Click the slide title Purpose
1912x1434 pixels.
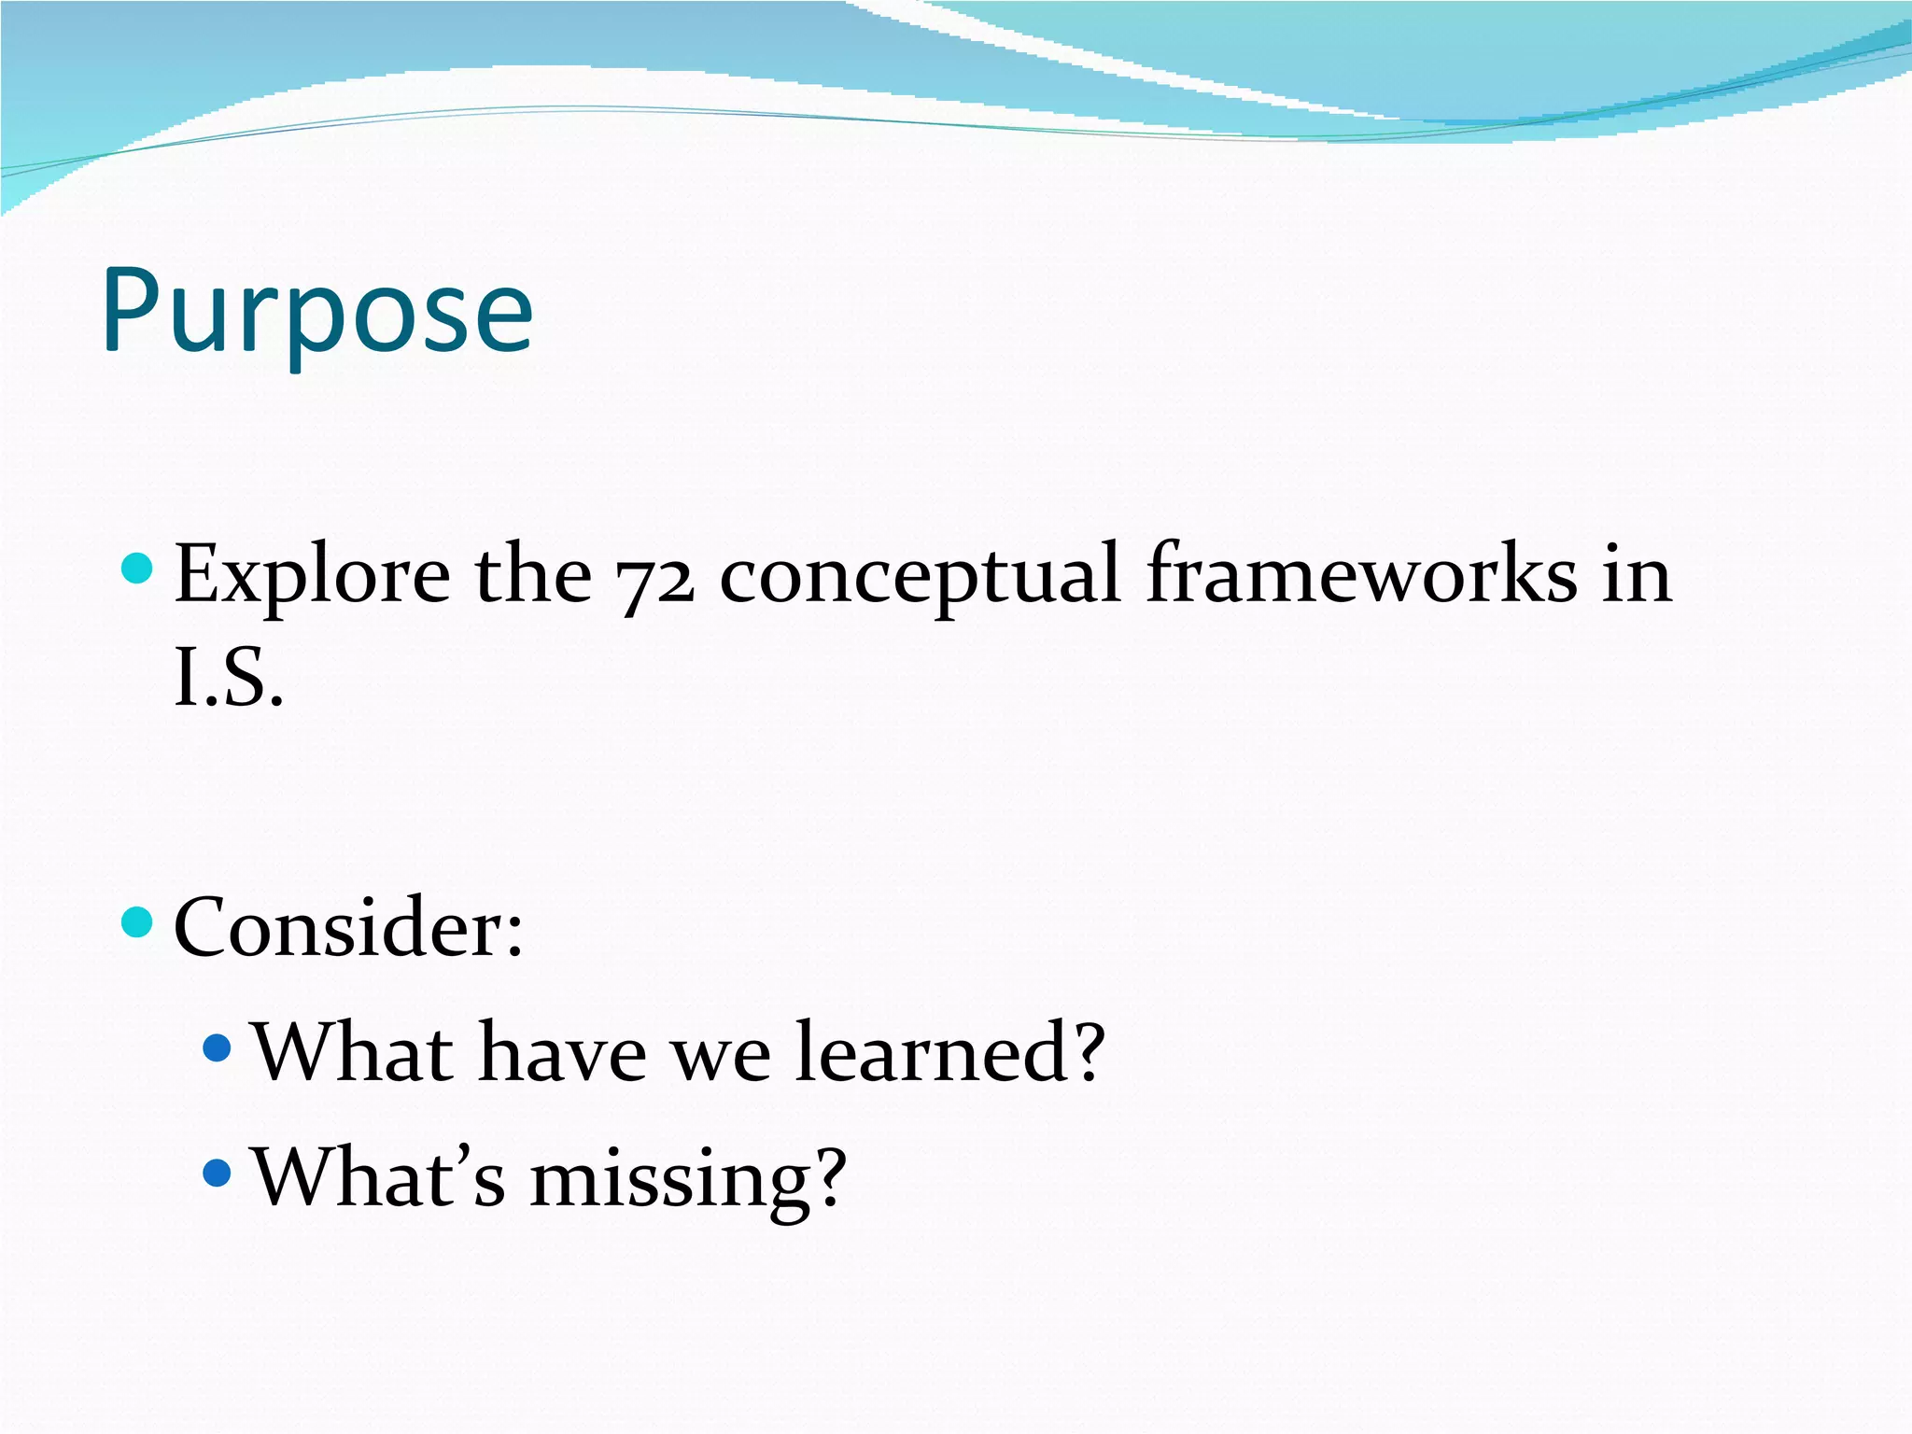317,311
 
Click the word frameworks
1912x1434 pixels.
1361,574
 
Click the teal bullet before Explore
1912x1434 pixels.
137,568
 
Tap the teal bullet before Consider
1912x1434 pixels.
137,922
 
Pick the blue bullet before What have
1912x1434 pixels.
217,1047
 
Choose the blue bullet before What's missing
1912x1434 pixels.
217,1173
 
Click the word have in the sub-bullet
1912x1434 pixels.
562,1052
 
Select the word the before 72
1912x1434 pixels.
533,574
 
